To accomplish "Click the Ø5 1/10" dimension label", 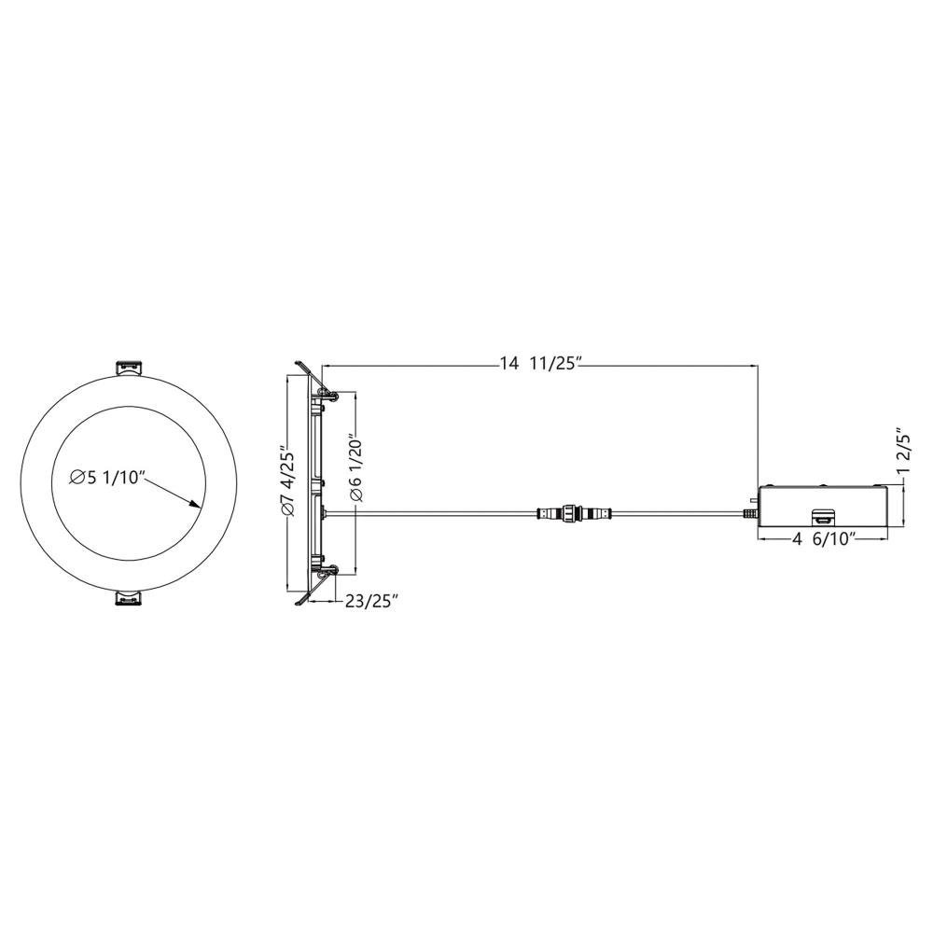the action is [107, 477].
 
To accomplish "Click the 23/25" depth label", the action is [371, 602].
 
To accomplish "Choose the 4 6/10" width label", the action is [824, 539].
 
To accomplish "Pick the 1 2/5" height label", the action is [904, 450].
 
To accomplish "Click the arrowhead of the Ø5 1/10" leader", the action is [193, 504].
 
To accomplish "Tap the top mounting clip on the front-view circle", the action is [129, 368].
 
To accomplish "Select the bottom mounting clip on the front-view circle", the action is [129, 598].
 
